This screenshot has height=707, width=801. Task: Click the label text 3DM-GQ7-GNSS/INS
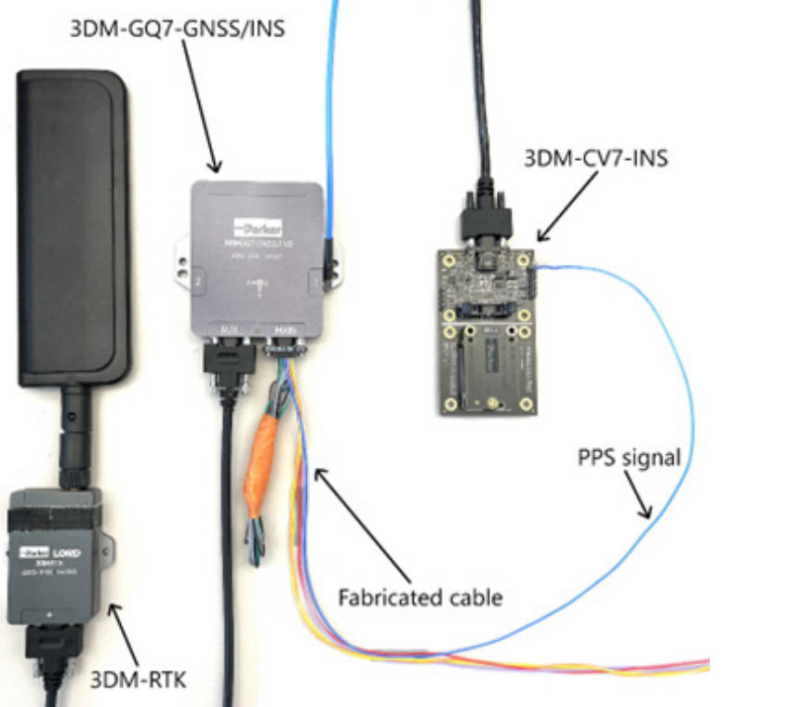click(177, 28)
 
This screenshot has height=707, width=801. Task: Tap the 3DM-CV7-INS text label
click(595, 157)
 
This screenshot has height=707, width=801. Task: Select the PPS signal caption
click(628, 458)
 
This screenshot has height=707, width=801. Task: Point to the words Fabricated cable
click(420, 596)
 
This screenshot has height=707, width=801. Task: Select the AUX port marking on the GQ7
click(228, 328)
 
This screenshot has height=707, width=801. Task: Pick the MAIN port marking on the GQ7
click(284, 328)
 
